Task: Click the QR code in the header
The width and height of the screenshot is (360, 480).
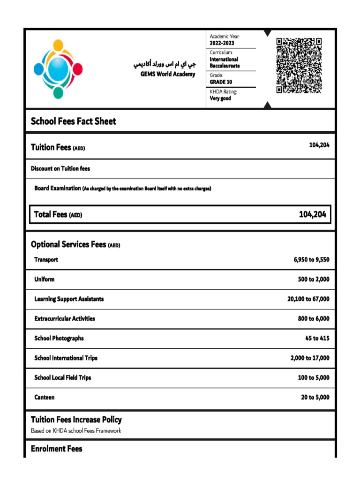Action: [299, 66]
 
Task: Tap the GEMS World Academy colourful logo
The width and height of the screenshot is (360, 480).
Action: [58, 69]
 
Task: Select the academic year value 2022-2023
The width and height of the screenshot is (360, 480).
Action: [222, 43]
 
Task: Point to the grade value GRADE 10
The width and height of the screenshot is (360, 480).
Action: [221, 82]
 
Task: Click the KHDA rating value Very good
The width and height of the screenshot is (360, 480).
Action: [220, 98]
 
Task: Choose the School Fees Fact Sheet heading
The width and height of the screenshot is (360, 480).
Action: [73, 121]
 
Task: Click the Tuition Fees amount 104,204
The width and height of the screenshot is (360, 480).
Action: [319, 145]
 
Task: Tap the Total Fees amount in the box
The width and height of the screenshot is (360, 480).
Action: [312, 215]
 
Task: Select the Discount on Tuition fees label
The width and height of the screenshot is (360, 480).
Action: [60, 169]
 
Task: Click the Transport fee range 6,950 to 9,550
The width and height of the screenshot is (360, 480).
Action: [311, 260]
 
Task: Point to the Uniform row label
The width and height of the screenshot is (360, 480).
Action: [44, 279]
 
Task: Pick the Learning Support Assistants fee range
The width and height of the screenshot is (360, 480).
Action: [308, 299]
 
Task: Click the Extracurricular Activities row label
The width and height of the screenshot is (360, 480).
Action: [64, 319]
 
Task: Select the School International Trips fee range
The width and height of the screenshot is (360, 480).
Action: [309, 358]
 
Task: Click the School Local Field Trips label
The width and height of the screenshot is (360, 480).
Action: [62, 378]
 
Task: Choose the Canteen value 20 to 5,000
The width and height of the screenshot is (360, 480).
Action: [315, 397]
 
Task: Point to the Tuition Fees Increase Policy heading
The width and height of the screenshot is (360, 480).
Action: [76, 420]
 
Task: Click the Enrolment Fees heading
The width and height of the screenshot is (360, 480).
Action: [56, 449]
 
